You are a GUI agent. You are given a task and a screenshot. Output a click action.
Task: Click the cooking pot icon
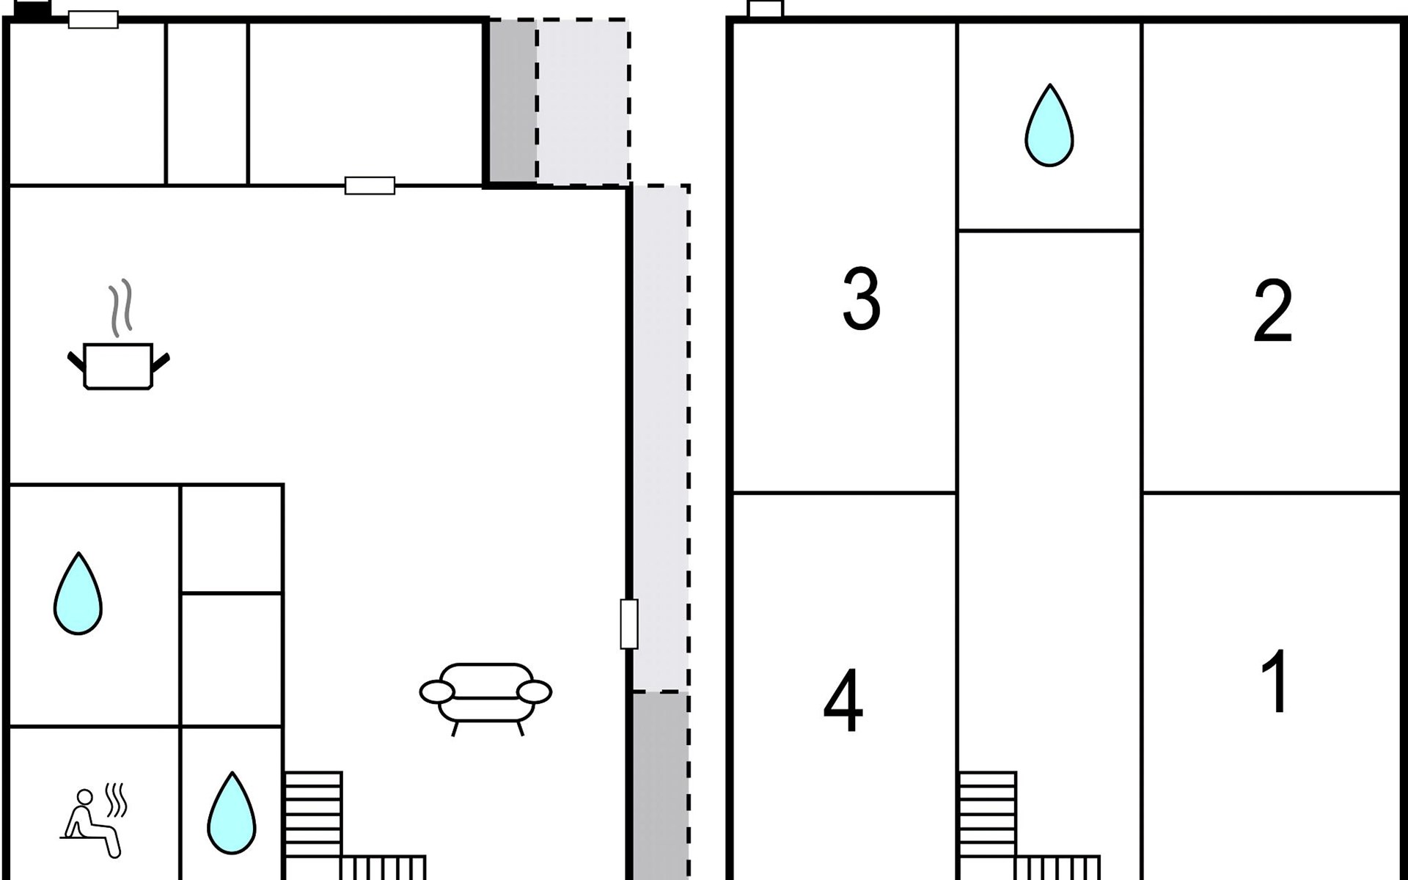pos(118,366)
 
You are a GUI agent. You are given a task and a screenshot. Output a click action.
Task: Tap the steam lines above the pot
pos(120,307)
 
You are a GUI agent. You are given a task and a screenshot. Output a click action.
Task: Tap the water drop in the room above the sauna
pos(78,594)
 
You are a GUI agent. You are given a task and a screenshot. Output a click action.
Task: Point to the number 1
pos(1275,681)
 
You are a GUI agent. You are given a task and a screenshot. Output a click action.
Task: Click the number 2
pos(1273,310)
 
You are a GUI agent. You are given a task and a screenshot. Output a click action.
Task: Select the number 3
pos(861,298)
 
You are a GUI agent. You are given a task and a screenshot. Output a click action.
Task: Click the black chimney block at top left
pos(32,10)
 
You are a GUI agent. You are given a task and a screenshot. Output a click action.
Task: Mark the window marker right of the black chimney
pos(93,20)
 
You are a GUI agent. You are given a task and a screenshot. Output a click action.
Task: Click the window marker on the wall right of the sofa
pos(629,624)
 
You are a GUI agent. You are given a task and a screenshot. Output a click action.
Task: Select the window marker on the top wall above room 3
pos(766,9)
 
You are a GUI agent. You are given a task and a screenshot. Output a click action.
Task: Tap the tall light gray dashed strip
pos(661,438)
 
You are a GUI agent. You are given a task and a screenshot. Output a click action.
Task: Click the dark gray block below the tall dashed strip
pos(661,785)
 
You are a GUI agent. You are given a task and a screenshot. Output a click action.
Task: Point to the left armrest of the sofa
pos(437,692)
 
